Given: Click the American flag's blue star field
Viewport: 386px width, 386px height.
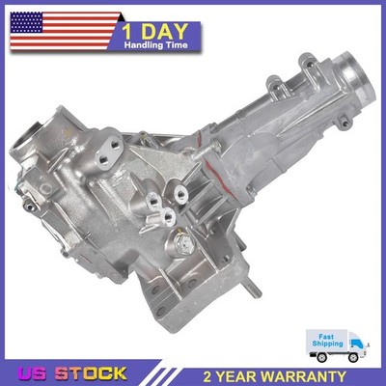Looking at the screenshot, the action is [x=26, y=22].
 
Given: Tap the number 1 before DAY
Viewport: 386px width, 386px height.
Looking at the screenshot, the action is [x=127, y=32].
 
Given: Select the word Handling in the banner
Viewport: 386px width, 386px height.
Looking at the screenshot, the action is [x=143, y=45].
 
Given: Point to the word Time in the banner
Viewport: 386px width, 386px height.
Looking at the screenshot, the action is [x=176, y=45].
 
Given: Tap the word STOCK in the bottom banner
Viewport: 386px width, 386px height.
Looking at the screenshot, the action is [x=91, y=373].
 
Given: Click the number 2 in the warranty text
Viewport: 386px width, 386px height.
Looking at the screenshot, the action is [x=208, y=376].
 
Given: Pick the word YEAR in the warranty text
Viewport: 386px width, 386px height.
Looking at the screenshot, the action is [x=238, y=376].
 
